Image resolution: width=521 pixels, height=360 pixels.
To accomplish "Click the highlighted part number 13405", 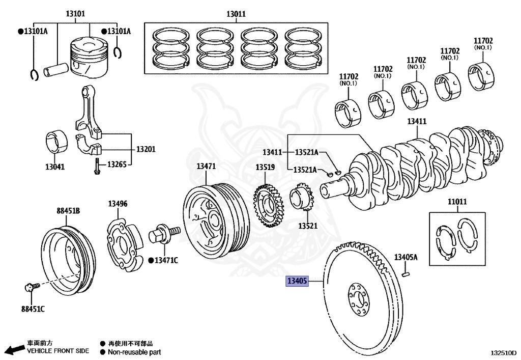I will pos(298,281).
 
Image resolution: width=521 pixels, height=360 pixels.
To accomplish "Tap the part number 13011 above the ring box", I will pos(236,14).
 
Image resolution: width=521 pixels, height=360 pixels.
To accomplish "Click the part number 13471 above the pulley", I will pos(207,166).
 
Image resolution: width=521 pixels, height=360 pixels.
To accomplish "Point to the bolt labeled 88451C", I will pos(30,289).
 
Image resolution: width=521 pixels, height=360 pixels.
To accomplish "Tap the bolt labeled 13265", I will pos(96,167).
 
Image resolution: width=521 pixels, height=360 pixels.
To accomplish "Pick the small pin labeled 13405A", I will pos(405,275).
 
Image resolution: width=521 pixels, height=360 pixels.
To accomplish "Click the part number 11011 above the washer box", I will pos(457,202).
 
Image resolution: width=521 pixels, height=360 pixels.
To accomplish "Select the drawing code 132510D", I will pos(503,352).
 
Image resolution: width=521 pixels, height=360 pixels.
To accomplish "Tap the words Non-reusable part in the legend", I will pos(134,352).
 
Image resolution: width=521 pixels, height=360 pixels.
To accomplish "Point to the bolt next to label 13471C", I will pos(164,234).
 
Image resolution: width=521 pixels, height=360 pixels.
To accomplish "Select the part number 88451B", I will pos(68,210).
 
